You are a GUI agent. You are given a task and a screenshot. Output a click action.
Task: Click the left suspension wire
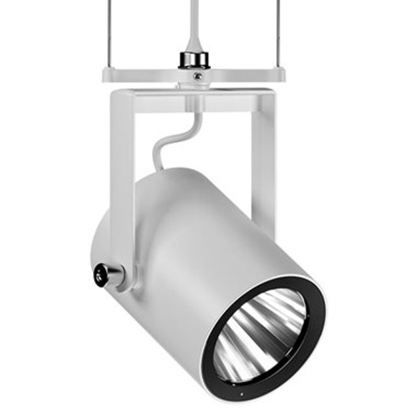pos(114,31)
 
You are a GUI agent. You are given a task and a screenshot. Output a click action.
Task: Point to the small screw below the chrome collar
pos(197,76)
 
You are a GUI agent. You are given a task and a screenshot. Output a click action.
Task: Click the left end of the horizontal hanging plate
pos(106,76)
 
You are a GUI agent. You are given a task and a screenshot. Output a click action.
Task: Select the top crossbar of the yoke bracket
pos(193,100)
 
